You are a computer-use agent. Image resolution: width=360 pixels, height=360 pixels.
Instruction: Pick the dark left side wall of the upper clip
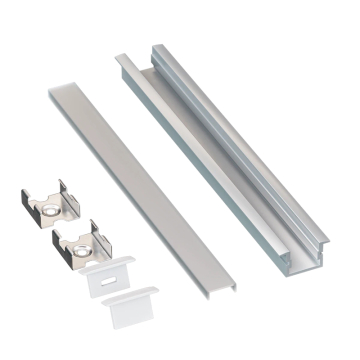(x=24, y=208)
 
